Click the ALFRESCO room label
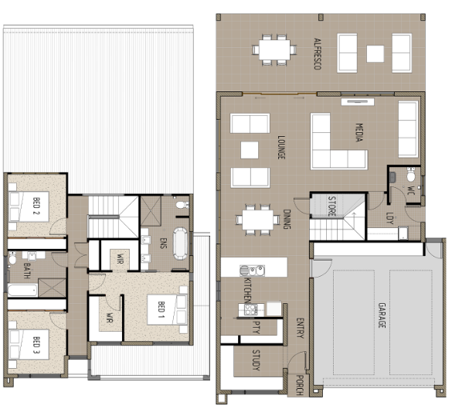coord(318,53)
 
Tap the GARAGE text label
coord(382,315)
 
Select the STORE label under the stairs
coord(331,206)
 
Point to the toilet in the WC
coord(411,175)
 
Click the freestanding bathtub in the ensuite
coord(180,244)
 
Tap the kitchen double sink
coord(252,271)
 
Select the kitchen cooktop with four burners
coord(251,309)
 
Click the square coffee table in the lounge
coord(250,150)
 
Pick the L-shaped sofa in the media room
coord(336,145)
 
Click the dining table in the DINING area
coord(258,220)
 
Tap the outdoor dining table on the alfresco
coord(274,50)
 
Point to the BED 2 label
coord(36,206)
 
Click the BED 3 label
coord(36,346)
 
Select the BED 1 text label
coord(161,310)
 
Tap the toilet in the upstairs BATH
coord(12,258)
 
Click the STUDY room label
coord(256,360)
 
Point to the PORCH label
coord(300,385)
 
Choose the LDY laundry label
coord(389,218)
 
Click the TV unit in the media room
coord(358,102)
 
